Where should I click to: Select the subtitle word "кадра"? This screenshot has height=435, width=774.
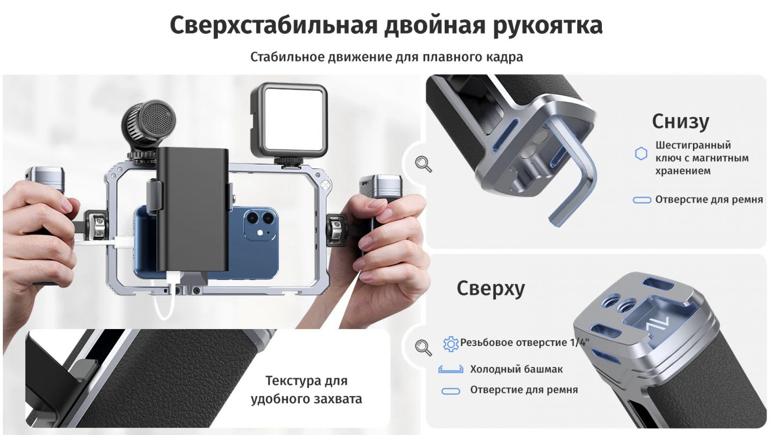505,57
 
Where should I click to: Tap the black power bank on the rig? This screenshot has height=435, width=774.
192,209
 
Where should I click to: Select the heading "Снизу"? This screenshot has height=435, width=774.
680,122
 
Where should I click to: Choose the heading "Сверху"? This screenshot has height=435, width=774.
491,288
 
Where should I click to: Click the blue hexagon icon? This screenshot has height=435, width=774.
641,153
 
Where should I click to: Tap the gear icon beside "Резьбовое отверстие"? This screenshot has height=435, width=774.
451,344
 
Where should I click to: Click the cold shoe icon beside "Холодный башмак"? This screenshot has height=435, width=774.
450,369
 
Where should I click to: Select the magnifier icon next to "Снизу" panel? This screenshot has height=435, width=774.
423,164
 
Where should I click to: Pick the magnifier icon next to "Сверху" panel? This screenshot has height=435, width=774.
423,347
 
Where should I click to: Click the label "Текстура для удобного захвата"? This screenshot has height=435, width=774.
306,390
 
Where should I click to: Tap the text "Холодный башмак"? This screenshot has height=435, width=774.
516,369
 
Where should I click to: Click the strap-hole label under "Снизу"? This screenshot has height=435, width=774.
709,199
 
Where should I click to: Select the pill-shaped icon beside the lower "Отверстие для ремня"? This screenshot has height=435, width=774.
451,391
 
